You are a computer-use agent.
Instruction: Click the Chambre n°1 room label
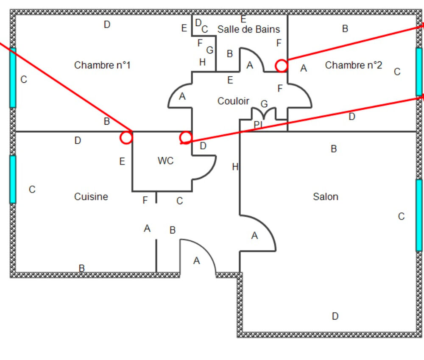click(102, 65)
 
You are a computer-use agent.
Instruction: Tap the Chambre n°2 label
click(353, 65)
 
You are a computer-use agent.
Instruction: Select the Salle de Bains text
click(248, 29)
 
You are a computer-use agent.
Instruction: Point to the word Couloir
click(233, 101)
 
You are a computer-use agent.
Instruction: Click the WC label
click(165, 161)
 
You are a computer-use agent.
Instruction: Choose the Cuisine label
click(91, 197)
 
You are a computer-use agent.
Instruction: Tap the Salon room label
click(326, 197)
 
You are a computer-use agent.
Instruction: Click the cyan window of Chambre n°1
click(13, 78)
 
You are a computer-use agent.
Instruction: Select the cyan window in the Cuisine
click(13, 179)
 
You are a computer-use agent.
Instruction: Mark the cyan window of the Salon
click(419, 215)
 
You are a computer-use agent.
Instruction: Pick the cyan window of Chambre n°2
click(419, 71)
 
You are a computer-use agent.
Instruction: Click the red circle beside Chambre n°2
click(281, 66)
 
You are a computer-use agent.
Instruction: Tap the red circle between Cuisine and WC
click(126, 137)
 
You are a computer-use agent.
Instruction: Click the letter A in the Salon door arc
click(254, 236)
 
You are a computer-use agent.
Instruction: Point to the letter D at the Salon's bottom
click(335, 316)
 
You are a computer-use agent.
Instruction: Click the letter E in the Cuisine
click(122, 162)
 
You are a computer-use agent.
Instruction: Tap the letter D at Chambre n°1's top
click(107, 25)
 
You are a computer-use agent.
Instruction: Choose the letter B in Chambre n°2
click(345, 29)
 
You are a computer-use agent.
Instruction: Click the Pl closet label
click(258, 124)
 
